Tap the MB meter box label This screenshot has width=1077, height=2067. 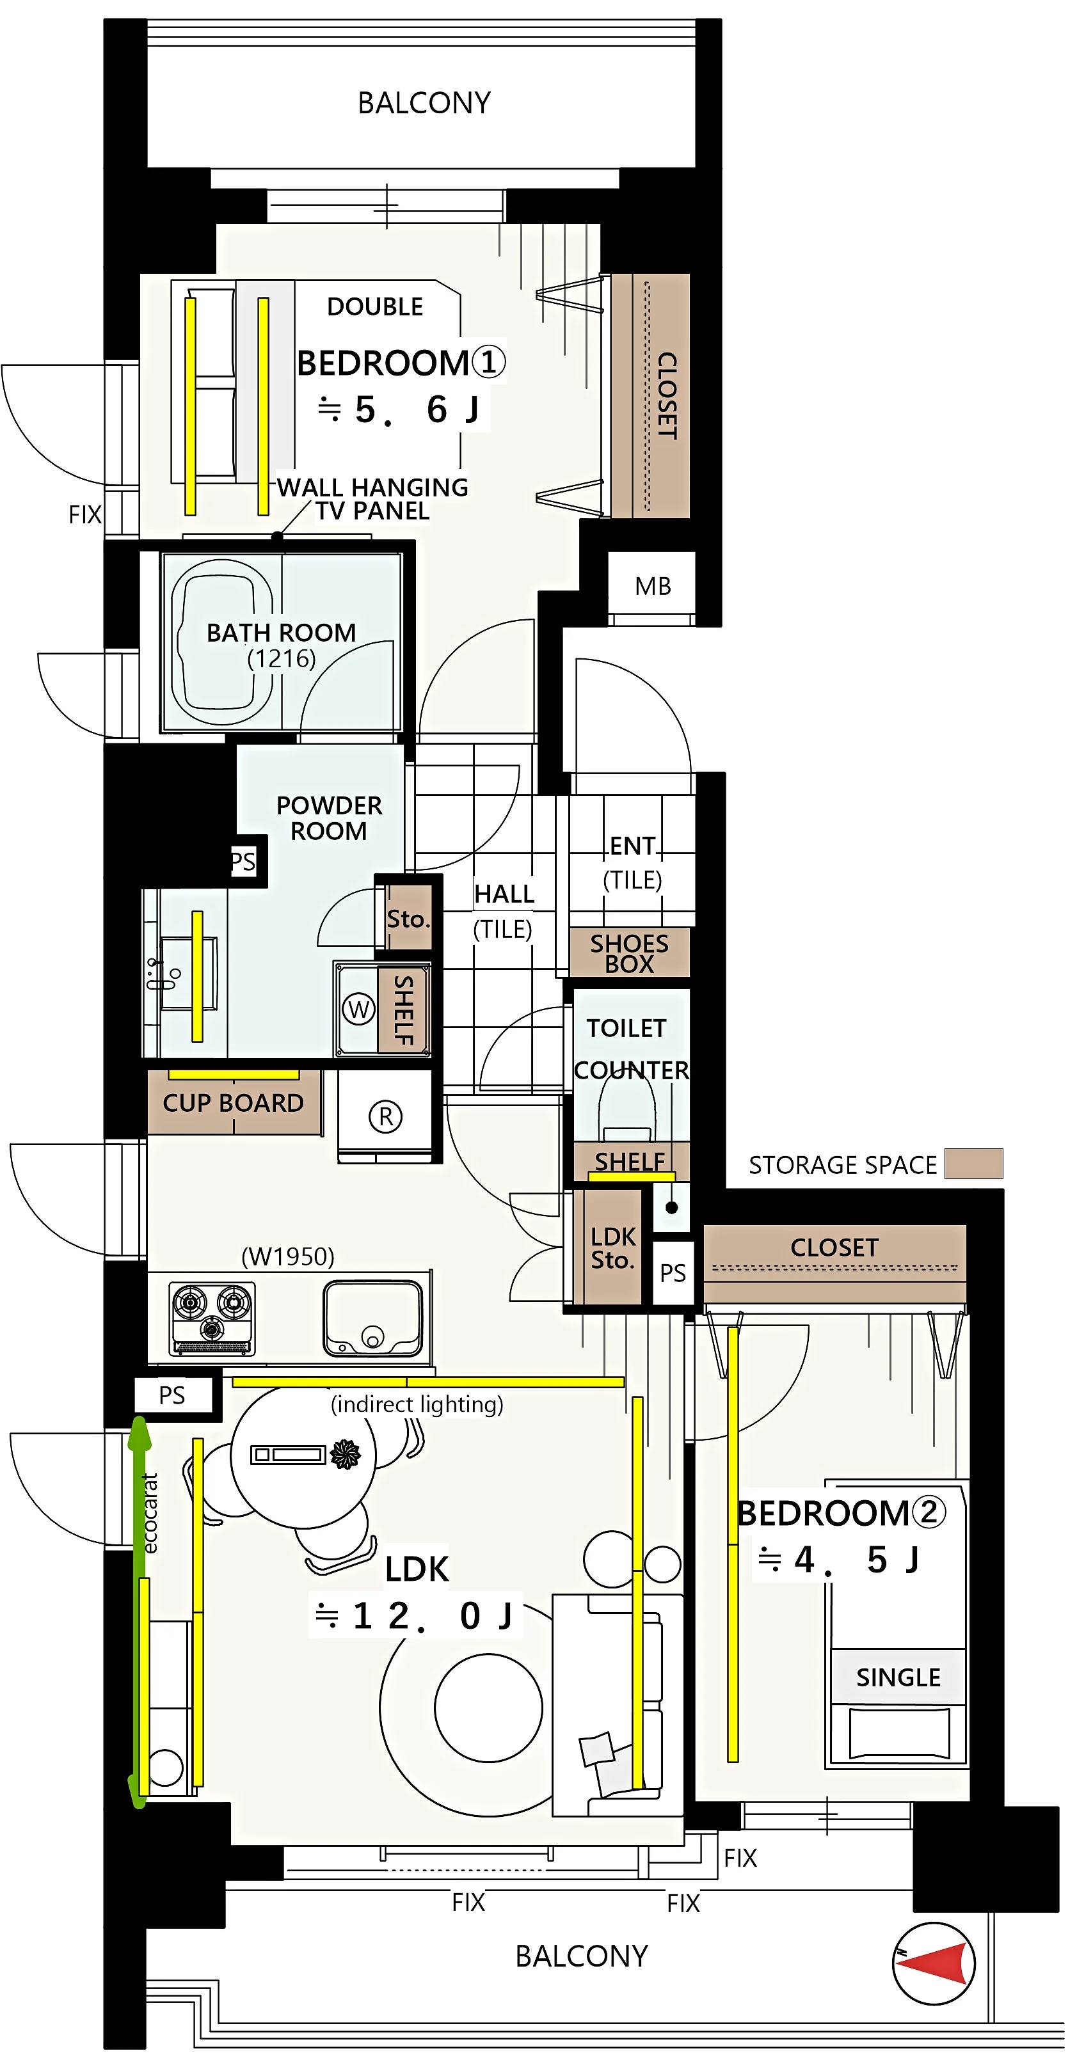click(653, 587)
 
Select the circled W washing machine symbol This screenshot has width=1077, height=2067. click(359, 1009)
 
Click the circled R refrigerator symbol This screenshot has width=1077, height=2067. click(385, 1116)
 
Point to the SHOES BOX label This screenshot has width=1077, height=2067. click(629, 953)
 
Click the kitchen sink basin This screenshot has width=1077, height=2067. click(372, 1317)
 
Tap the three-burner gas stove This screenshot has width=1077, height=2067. click(212, 1319)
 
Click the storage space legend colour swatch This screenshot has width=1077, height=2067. click(973, 1164)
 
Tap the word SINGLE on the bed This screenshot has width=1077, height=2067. click(898, 1677)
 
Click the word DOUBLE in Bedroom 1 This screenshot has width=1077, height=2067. click(375, 306)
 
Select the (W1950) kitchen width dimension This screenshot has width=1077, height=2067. click(288, 1256)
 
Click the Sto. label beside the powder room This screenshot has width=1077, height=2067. click(408, 919)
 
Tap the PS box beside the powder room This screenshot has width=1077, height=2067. click(243, 862)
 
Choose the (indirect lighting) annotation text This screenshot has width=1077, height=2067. click(417, 1404)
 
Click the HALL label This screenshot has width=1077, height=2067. click(504, 894)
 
